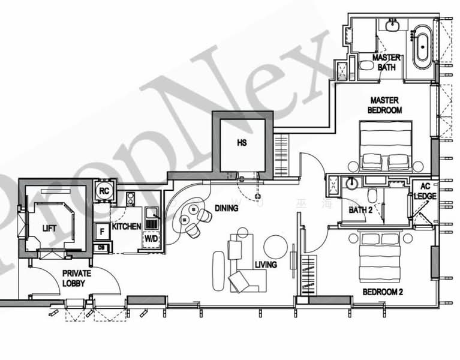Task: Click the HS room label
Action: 242,143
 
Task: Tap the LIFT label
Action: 49,229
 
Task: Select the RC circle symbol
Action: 103,191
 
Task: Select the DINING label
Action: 227,208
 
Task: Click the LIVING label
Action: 266,265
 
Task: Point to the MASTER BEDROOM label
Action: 385,105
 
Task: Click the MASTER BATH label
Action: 387,62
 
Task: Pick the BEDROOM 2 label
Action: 382,292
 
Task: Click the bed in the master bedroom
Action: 385,147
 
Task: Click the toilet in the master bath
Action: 365,67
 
